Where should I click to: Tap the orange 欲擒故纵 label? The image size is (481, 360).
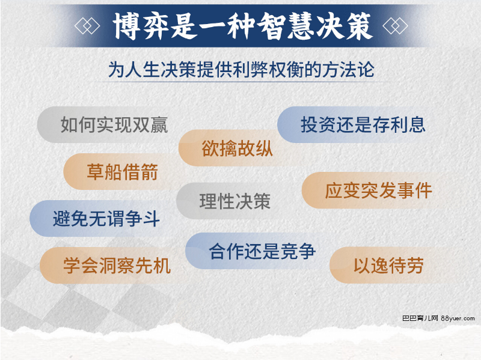(237, 148)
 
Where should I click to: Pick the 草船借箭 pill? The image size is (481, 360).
(122, 172)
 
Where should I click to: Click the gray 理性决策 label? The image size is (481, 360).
(234, 201)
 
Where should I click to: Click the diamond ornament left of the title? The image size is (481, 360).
(87, 26)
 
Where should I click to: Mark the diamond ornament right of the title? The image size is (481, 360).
(395, 26)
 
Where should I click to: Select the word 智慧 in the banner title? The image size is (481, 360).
(285, 26)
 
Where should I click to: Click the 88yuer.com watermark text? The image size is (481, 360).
(458, 319)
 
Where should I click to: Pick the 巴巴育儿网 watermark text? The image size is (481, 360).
(420, 319)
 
